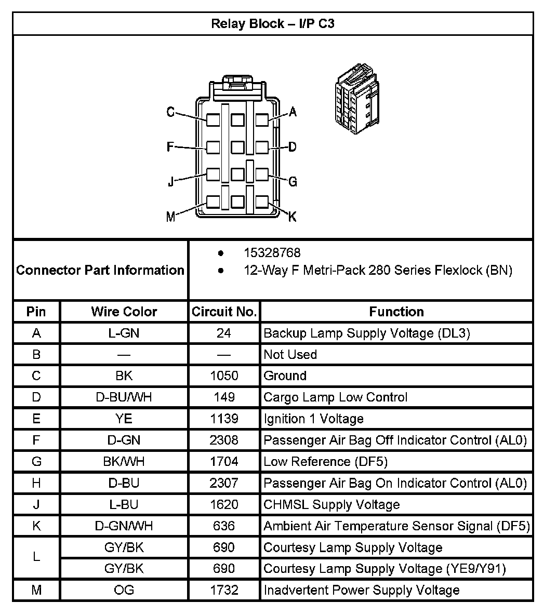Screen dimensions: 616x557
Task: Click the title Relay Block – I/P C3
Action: pyautogui.click(x=272, y=24)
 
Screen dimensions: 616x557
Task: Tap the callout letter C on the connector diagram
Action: pyautogui.click(x=170, y=112)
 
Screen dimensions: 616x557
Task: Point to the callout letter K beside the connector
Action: pyautogui.click(x=292, y=217)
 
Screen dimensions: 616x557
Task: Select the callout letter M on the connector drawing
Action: pyautogui.click(x=170, y=217)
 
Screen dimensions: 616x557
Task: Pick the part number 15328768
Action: pyautogui.click(x=272, y=253)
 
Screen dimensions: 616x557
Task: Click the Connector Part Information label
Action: pyautogui.click(x=100, y=270)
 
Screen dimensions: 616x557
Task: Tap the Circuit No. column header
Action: pyautogui.click(x=224, y=312)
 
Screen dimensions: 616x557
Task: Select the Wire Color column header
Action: pyautogui.click(x=124, y=312)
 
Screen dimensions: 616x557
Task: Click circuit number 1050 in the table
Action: pyautogui.click(x=224, y=376)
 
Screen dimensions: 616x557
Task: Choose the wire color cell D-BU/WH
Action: pyautogui.click(x=124, y=397)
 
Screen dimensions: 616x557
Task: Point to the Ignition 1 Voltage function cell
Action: pyautogui.click(x=313, y=419)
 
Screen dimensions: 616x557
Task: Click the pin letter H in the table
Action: pyautogui.click(x=36, y=483)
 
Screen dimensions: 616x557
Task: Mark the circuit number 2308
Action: pyautogui.click(x=224, y=440)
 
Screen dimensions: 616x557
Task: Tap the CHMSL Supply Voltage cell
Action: pyautogui.click(x=331, y=504)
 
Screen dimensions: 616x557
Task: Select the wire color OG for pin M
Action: pyautogui.click(x=124, y=590)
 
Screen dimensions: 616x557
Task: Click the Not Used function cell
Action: pyautogui.click(x=290, y=354)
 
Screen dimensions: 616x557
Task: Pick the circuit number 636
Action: pyautogui.click(x=224, y=526)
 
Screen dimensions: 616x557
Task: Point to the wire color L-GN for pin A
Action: pyautogui.click(x=124, y=333)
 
